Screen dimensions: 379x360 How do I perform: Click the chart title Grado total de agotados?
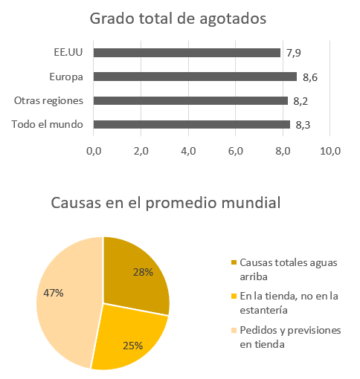click(x=178, y=18)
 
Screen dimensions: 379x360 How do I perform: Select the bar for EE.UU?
click(x=187, y=53)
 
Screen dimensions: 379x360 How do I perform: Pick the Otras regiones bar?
click(x=190, y=100)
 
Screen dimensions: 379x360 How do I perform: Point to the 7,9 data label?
click(x=294, y=53)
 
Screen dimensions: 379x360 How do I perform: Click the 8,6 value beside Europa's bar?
click(x=310, y=77)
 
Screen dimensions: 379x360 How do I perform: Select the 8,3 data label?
click(x=303, y=124)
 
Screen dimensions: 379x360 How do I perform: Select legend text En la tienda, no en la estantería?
click(x=290, y=302)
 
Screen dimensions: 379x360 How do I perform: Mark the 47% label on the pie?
click(x=54, y=293)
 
